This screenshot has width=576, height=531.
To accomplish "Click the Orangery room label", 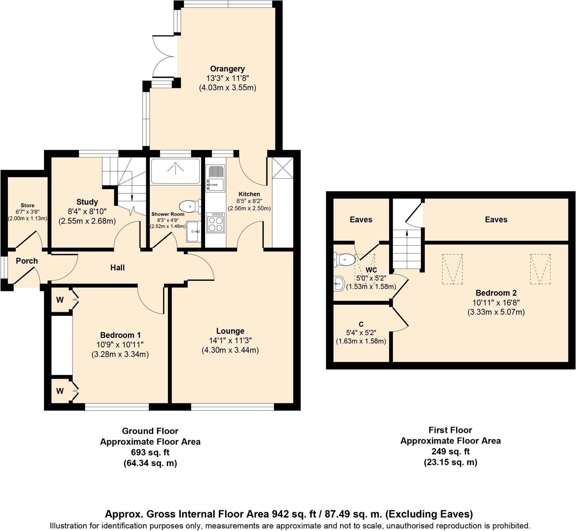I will [x=227, y=69].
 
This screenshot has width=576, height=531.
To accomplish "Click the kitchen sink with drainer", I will [x=215, y=178].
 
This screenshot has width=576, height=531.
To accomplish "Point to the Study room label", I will [x=87, y=202].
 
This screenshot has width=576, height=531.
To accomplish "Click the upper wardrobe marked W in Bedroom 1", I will [x=60, y=300].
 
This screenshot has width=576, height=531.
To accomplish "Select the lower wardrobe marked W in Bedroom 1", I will [x=60, y=391].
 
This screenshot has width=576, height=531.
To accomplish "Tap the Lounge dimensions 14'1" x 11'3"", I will [x=230, y=340].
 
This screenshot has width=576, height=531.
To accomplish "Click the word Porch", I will [x=27, y=261].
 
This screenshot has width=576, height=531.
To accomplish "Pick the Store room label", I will [x=28, y=205].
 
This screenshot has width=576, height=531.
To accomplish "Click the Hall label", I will [x=117, y=268].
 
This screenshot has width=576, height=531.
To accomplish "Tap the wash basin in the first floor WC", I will [x=339, y=284].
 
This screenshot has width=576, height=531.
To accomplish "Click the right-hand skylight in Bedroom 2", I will [x=540, y=269].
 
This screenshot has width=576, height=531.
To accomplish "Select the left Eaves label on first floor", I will [x=361, y=220].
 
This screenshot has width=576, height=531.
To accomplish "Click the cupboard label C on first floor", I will [x=361, y=324].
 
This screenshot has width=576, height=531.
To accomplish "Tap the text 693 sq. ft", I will [x=150, y=453].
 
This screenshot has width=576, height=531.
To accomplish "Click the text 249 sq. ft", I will [x=450, y=451].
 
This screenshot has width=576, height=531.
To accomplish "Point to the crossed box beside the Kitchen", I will [x=283, y=168].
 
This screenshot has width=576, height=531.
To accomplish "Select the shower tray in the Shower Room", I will [x=175, y=171].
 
